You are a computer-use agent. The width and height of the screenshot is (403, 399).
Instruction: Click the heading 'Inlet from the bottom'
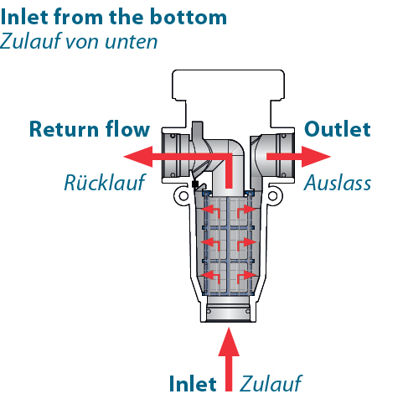coord(113,17)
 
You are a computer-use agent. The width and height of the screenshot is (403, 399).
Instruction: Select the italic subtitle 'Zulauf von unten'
coord(79,41)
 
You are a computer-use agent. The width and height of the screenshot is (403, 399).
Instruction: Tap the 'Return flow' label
coord(90,129)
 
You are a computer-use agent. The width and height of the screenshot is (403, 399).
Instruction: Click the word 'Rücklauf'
coord(105,183)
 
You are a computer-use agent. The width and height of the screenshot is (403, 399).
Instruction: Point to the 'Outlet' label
coord(338,129)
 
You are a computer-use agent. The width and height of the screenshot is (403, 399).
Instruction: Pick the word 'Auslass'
coord(338,183)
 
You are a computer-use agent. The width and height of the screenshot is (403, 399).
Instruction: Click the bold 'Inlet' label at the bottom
coord(193,384)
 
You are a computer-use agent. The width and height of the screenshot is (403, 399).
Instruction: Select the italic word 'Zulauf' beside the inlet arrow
coord(271,384)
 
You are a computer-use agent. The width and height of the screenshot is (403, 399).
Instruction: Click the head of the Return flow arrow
coord(138,157)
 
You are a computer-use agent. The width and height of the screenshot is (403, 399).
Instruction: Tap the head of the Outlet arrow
coord(316,157)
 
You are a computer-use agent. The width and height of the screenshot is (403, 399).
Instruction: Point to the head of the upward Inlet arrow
coord(229,342)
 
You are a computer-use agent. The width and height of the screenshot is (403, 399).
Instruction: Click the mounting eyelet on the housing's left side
coord(183,195)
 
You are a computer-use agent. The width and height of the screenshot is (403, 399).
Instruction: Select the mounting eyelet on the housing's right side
coord(273,195)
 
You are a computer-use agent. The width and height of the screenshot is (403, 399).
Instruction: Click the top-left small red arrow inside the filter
coord(210,211)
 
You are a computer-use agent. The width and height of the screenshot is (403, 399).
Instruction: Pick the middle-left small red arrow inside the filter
coord(210,244)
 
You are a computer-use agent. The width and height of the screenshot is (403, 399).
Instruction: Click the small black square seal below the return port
coord(195,184)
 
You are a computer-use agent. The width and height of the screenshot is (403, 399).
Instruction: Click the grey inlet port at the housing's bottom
coord(229,308)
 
